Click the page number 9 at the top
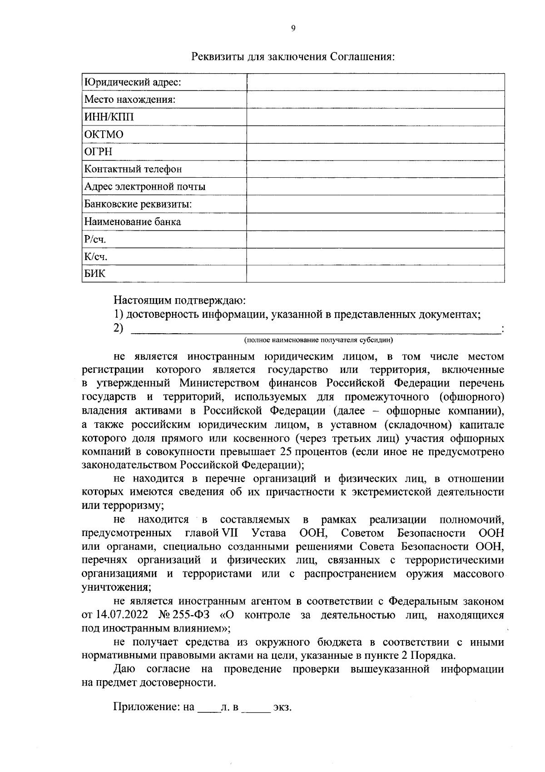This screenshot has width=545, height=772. tap(293, 28)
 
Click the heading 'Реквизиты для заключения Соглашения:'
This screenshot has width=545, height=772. tap(293, 57)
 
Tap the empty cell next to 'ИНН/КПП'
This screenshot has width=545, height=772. tap(375, 117)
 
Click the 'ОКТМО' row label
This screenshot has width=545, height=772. tap(104, 135)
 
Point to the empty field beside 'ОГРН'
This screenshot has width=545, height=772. tap(375, 152)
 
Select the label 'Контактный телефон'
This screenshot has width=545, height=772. tap(133, 169)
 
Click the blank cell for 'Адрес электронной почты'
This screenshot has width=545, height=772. tap(375, 187)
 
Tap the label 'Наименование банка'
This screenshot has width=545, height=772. tap(133, 222)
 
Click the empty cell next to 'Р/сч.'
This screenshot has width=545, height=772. tap(375, 240)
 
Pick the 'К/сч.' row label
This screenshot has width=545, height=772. tap(96, 257)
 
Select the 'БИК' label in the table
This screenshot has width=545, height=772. tap(95, 274)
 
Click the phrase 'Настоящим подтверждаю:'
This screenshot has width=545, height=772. tap(179, 301)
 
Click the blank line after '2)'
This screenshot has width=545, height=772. tap(316, 330)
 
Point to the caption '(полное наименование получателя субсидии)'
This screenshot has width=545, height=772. tap(318, 340)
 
